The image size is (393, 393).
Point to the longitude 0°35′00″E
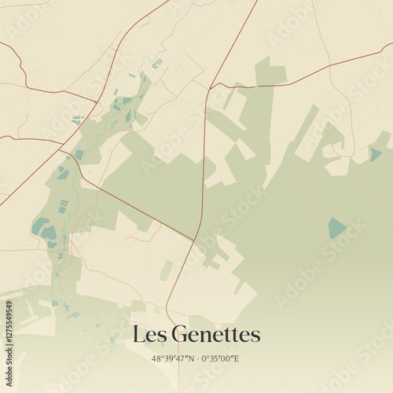[x=221, y=358]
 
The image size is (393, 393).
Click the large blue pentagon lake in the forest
[x=336, y=228]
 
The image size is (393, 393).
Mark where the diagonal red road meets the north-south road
[x=194, y=240]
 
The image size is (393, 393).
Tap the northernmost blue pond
[x=157, y=63]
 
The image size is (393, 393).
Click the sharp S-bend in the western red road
[x=23, y=75]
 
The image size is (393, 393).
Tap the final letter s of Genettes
[x=255, y=336]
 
